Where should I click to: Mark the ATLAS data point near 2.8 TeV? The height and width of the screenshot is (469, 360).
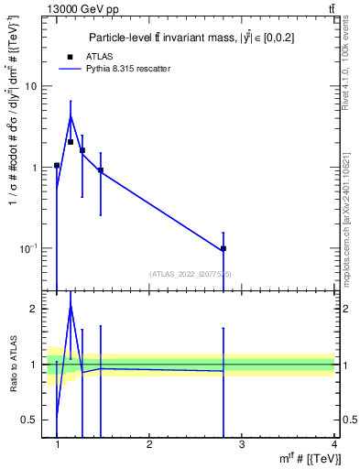click(224, 248)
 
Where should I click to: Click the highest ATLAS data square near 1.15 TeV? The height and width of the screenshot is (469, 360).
click(71, 142)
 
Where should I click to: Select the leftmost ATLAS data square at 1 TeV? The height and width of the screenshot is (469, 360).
click(57, 166)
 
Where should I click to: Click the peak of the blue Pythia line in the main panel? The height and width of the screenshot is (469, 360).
click(71, 116)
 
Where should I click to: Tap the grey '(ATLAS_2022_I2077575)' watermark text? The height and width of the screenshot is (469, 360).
click(191, 273)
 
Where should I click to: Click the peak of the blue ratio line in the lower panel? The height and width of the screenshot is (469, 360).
click(71, 307)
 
